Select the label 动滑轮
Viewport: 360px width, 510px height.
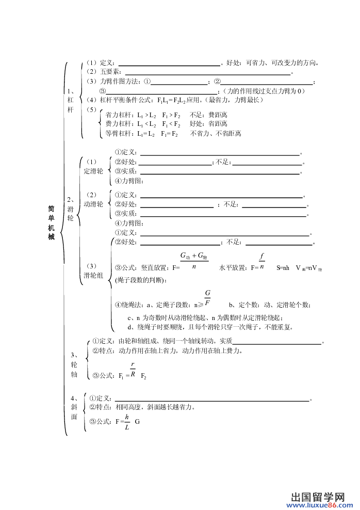coord(93,204)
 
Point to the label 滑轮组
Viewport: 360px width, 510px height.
coord(93,276)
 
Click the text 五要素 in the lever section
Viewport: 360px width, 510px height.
coord(110,72)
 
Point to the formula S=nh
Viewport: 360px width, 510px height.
coord(283,268)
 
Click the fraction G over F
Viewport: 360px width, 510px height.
coord(207,298)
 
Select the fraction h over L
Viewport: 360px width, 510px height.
coord(127,422)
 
